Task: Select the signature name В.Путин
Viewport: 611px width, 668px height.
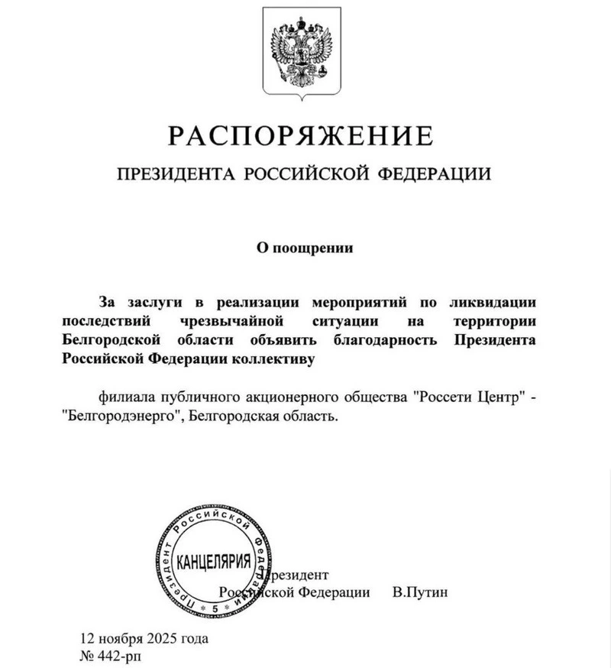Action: pyautogui.click(x=417, y=592)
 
